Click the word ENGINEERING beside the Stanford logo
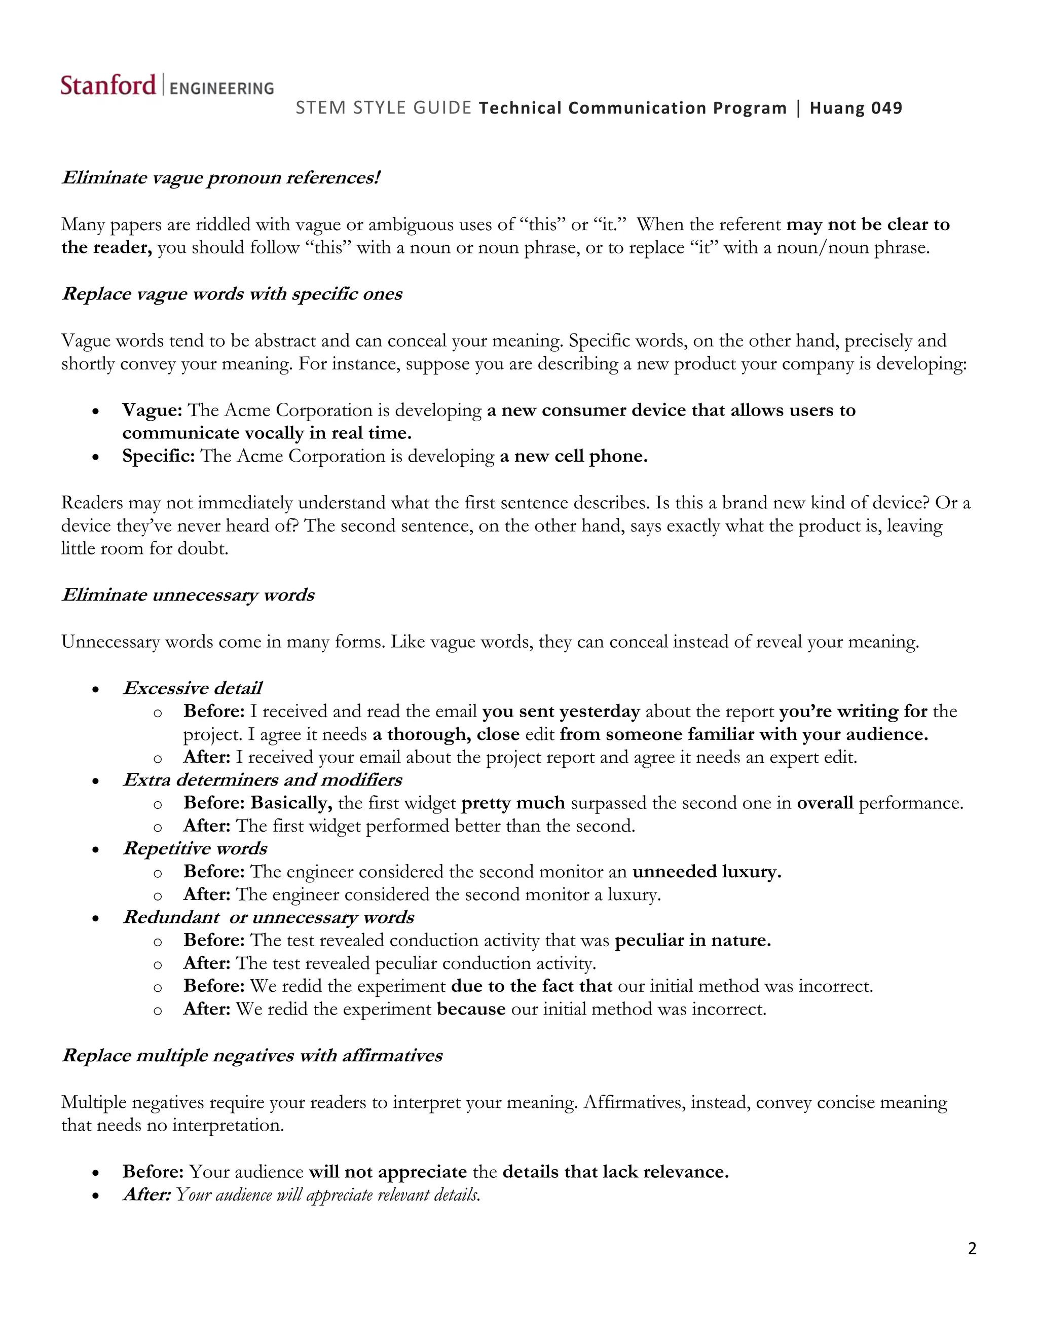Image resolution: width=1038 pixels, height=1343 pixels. coord(221,89)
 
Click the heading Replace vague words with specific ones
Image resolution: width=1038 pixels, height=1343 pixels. coord(232,294)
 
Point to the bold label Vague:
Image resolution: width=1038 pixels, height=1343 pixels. coord(152,410)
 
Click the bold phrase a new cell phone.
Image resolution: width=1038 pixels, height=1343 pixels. coord(573,456)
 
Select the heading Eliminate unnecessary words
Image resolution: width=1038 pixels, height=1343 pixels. coord(188,595)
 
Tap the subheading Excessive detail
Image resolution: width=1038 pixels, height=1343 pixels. coord(193,688)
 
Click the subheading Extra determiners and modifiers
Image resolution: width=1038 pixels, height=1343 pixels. coord(263,780)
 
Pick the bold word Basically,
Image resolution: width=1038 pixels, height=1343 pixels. coord(291,803)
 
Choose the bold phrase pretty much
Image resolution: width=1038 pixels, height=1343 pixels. coord(513,803)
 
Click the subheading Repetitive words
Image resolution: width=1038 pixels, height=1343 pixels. coord(195,848)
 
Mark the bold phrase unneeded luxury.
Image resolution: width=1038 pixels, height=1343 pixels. coord(707,872)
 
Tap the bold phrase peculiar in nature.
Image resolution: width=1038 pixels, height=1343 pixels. coord(692,940)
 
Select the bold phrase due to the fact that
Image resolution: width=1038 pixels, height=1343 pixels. coord(531,986)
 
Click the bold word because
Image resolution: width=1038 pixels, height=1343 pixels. coord(471,1009)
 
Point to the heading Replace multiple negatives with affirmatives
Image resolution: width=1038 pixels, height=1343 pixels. coord(252,1056)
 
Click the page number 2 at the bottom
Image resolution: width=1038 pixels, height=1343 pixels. coord(972,1248)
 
